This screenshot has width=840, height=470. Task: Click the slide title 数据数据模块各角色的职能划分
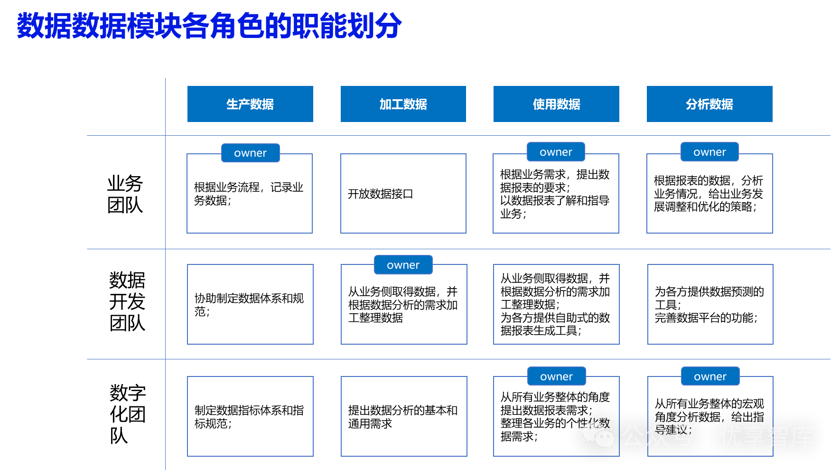tap(209, 26)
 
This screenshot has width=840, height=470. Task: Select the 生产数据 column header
tap(250, 104)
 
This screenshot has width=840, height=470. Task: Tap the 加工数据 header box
tap(403, 104)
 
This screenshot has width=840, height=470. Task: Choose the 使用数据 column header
tap(556, 104)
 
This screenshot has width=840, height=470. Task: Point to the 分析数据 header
tap(709, 104)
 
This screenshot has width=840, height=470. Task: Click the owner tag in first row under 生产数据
tap(251, 153)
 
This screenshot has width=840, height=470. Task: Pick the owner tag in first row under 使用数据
tap(556, 152)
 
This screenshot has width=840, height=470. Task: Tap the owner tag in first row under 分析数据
tap(709, 152)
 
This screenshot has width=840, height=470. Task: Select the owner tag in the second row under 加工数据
tap(403, 265)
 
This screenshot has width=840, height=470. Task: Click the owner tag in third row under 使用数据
tap(556, 376)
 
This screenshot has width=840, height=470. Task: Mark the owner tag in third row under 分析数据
tap(710, 376)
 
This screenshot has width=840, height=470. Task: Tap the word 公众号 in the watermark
tap(657, 436)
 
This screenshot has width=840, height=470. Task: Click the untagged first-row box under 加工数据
tap(403, 194)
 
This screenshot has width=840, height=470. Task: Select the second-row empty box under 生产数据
tap(250, 304)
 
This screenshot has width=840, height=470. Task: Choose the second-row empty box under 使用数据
tap(556, 304)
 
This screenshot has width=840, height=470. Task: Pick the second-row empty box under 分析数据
tap(710, 304)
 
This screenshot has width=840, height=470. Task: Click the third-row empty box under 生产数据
tap(250, 416)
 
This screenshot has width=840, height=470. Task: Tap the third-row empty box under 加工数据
tap(404, 416)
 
